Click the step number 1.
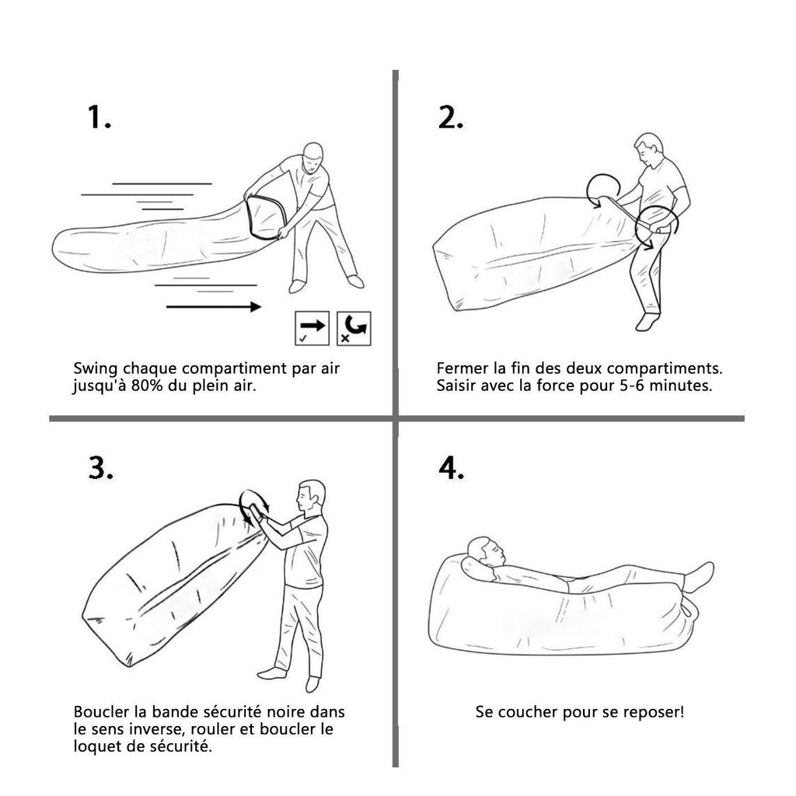click(99, 117)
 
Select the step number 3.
click(100, 467)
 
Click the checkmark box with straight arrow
click(312, 329)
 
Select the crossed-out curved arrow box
click(354, 329)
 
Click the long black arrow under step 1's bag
click(214, 306)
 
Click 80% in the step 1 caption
click(147, 386)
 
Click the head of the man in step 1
click(312, 157)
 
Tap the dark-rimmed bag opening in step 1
click(266, 217)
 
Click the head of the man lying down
click(487, 553)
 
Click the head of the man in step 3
click(311, 496)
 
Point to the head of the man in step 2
click(649, 148)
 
